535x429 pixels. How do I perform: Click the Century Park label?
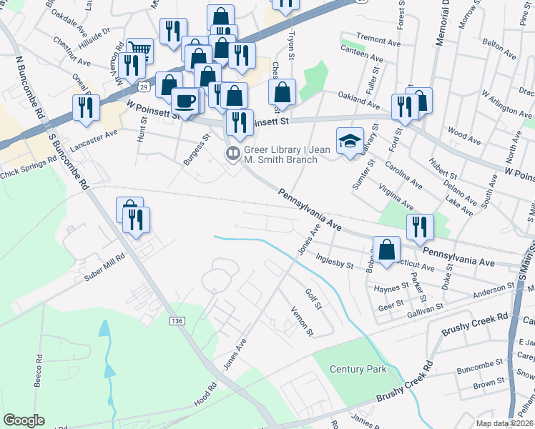tap(358, 369)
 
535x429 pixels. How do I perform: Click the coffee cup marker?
tap(185, 100)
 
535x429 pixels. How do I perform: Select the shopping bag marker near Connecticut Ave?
tap(386, 250)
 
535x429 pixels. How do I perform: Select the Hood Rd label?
tap(206, 398)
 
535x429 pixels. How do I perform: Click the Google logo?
tap(24, 420)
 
